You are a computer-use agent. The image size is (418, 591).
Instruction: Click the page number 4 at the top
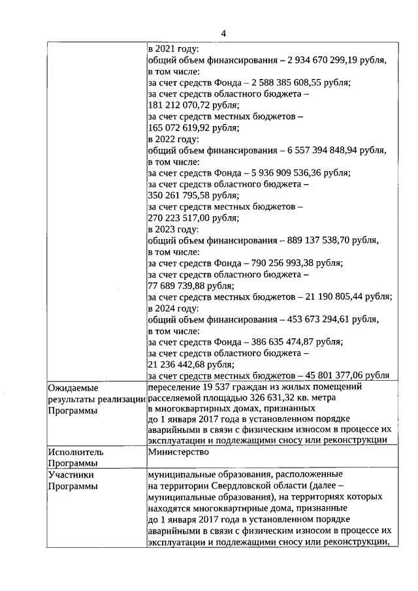[223, 33]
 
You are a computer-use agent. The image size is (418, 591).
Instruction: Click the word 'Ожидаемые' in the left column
[70, 388]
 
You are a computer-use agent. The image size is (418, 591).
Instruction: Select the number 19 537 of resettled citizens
[219, 388]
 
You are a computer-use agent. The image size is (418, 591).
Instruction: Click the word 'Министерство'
[178, 451]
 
